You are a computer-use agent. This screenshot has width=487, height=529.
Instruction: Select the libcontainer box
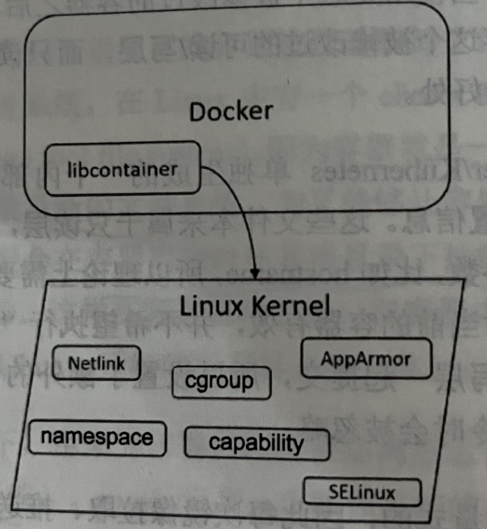(x=122, y=170)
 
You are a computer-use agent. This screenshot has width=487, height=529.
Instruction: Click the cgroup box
(x=220, y=382)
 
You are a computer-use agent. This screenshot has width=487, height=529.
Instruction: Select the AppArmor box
(x=365, y=359)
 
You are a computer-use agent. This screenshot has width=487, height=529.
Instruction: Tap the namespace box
(x=97, y=438)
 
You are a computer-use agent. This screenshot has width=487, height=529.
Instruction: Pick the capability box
(x=256, y=442)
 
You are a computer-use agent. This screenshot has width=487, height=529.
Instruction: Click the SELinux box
(x=361, y=492)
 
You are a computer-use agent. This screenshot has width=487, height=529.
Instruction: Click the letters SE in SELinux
(x=338, y=492)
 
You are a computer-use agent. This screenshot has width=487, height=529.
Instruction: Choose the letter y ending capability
(x=299, y=444)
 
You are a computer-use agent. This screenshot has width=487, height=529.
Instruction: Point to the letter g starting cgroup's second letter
(x=202, y=384)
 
